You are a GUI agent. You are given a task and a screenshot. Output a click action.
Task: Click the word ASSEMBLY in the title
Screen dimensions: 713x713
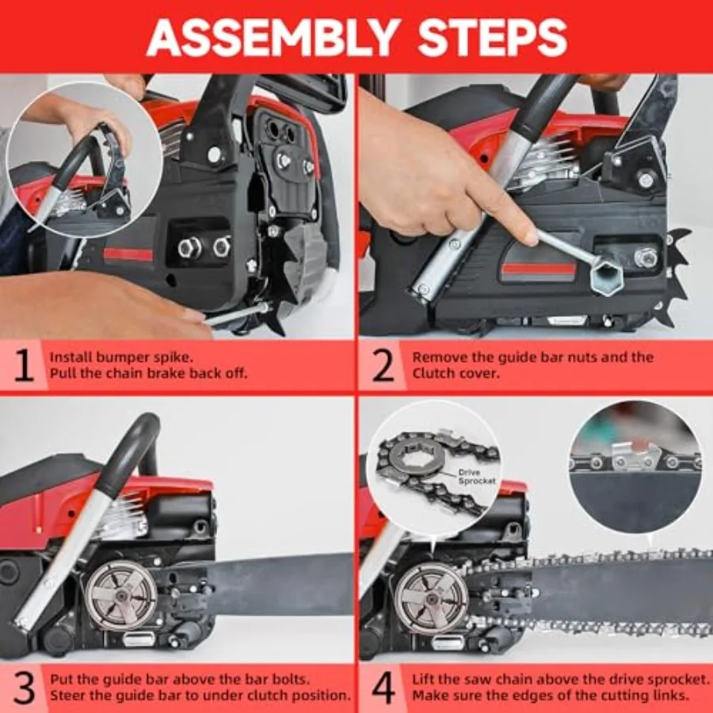coord(272,37)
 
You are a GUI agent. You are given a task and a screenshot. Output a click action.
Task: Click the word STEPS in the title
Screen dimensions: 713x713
coord(493,37)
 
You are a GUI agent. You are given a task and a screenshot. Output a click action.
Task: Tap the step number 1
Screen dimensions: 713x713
coord(24,366)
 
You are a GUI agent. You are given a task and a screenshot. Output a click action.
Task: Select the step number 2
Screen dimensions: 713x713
coord(383,366)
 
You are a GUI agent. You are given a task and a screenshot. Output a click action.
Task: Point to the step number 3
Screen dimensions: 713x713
coord(24,688)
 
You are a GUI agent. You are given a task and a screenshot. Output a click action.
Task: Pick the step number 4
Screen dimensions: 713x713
coord(383,688)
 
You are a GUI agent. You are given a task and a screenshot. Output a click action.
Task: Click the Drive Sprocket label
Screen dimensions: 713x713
coord(477,477)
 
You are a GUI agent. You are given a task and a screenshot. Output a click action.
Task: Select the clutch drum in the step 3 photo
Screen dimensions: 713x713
coord(121,595)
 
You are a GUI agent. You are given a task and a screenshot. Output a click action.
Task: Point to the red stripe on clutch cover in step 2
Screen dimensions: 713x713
coord(539,271)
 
